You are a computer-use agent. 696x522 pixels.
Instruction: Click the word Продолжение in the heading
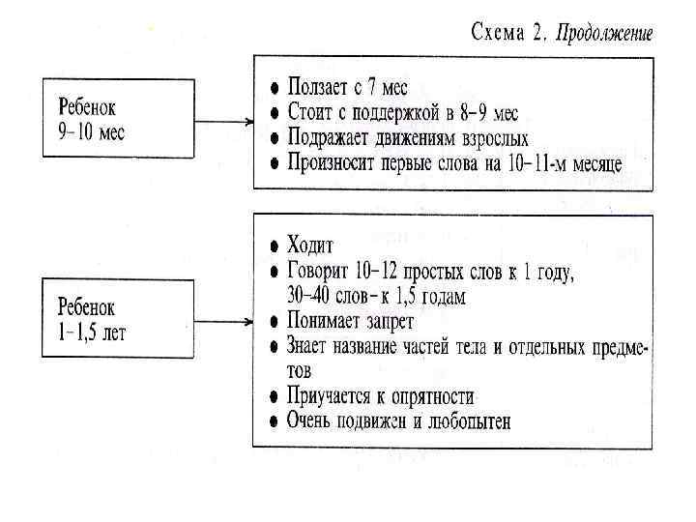click(605, 34)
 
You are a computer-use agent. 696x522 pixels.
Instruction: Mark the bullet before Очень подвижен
click(275, 421)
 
